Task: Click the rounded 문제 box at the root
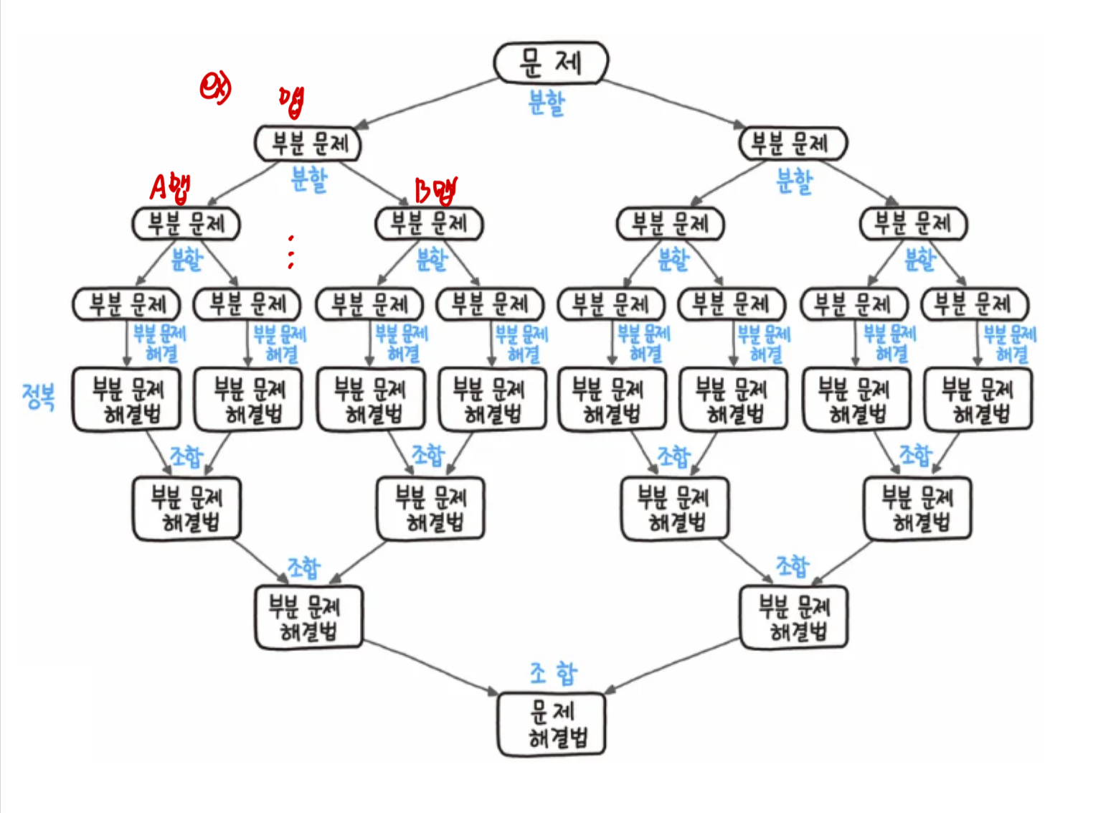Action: (x=551, y=62)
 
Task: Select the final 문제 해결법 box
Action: (x=552, y=724)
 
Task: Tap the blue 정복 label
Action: (x=38, y=396)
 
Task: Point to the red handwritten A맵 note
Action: (x=170, y=187)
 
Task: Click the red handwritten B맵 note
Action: (x=435, y=190)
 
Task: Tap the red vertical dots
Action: (x=290, y=252)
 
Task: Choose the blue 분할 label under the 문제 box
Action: (x=546, y=103)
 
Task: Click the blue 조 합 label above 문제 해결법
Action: (x=553, y=673)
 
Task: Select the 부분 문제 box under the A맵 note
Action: (x=186, y=224)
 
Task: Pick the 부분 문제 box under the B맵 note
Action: (x=429, y=224)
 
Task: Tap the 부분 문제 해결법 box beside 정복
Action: (x=127, y=400)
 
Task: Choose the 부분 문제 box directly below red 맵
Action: (x=308, y=144)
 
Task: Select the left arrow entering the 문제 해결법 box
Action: (x=430, y=667)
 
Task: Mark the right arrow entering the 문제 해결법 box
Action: (x=674, y=667)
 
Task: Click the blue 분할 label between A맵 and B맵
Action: (x=309, y=179)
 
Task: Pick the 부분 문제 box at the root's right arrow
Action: (x=793, y=144)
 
